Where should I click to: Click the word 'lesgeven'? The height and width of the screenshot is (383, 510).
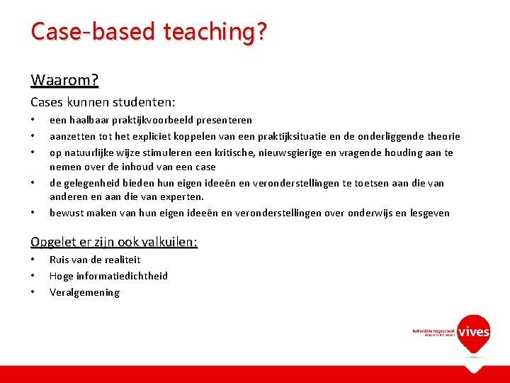427,213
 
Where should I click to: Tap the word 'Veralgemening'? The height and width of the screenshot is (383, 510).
84,292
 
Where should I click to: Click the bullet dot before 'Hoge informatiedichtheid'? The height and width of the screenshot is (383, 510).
33,275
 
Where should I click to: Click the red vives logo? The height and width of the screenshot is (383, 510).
473,332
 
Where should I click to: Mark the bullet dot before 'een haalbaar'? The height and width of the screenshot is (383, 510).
33,119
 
